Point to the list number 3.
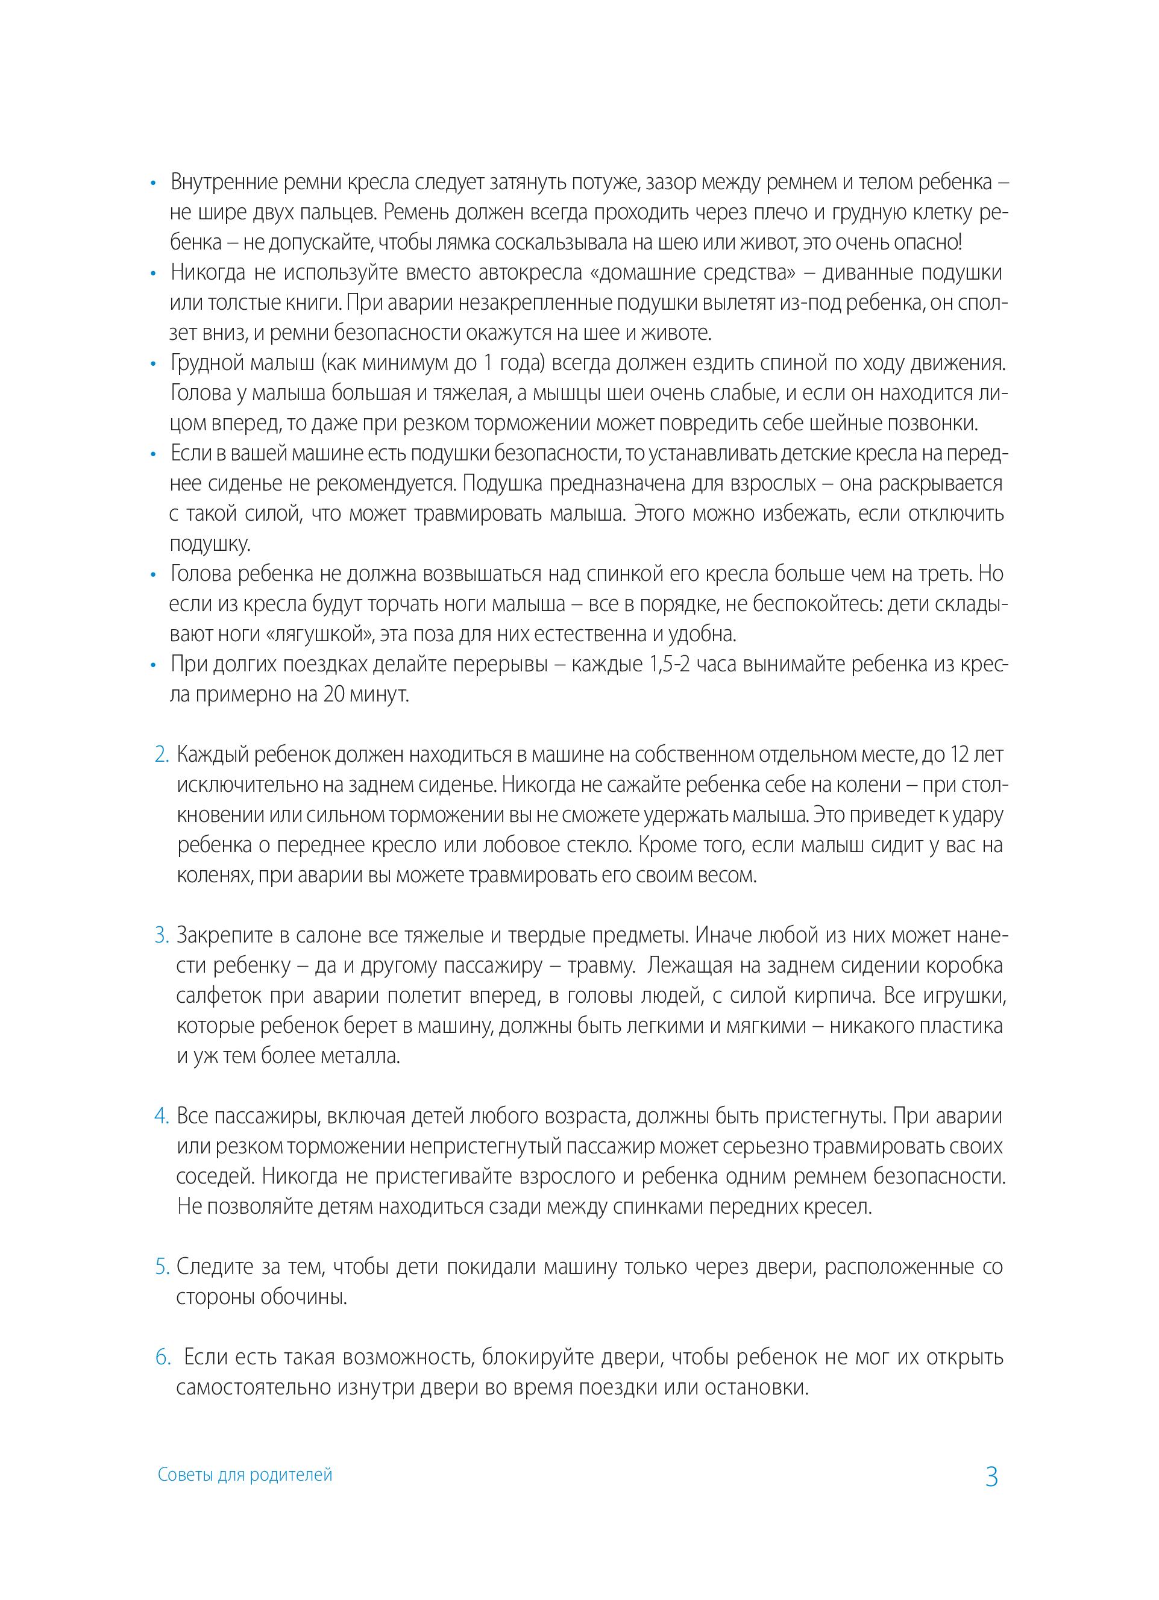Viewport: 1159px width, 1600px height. pos(162,935)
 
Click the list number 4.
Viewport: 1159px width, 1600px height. pos(162,1116)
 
